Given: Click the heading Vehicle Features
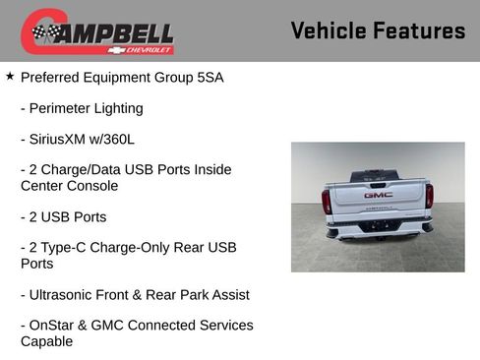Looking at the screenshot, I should [x=378, y=31].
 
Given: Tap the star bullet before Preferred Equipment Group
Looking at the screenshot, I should [x=10, y=76].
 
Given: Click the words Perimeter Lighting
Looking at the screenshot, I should [x=87, y=108].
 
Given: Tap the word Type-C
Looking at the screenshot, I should [x=68, y=247].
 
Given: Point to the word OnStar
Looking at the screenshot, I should [x=53, y=325].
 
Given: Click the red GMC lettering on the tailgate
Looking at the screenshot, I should [x=378, y=195].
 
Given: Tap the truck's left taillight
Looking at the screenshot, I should [x=327, y=200].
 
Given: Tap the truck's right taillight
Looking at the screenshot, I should [x=429, y=197].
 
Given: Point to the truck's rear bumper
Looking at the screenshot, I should [x=378, y=232].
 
